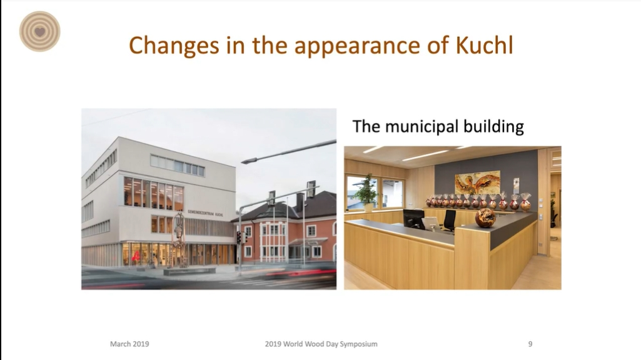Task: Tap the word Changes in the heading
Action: (x=174, y=46)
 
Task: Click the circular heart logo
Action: (x=39, y=31)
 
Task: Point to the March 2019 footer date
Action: (x=129, y=344)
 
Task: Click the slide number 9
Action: (x=530, y=344)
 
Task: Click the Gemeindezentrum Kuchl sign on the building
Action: (x=205, y=213)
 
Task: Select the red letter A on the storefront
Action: (x=136, y=256)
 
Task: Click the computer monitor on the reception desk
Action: (x=413, y=219)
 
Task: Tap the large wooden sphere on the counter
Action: (x=485, y=217)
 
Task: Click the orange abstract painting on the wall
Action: (x=478, y=182)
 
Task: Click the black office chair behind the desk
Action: (x=450, y=221)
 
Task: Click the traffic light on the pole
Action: (x=239, y=237)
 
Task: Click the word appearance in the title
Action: (x=357, y=46)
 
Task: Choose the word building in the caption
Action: (x=493, y=127)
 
